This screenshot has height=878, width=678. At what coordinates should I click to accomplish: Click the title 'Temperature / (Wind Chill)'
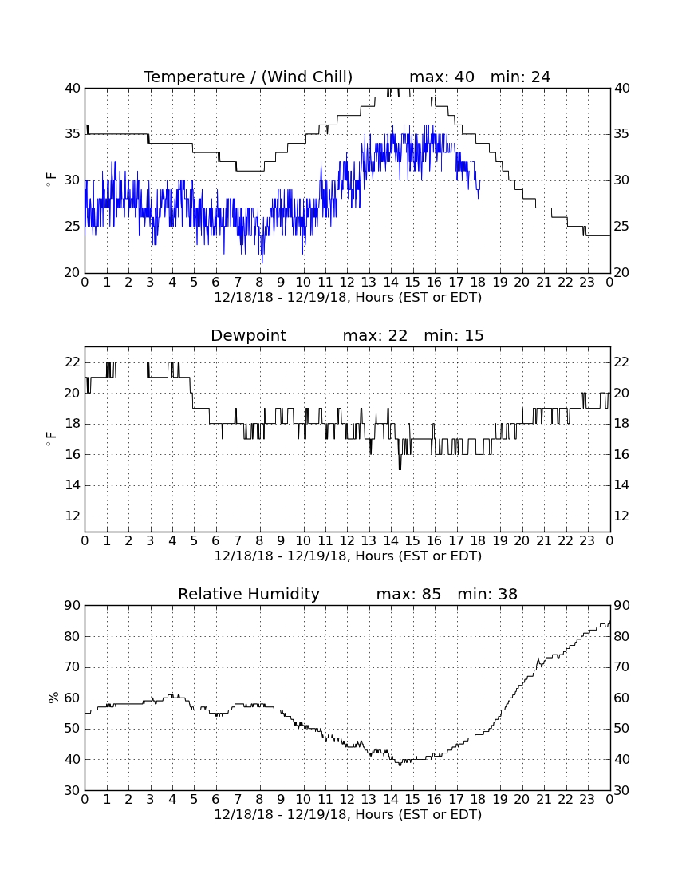pos(248,77)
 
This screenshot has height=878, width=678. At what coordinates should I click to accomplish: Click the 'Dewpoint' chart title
pos(248,335)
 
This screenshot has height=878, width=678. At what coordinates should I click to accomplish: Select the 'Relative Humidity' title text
pos(248,594)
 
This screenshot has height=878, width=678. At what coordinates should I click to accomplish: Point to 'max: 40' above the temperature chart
pos(442,77)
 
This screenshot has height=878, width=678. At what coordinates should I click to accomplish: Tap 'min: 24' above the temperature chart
pos(520,77)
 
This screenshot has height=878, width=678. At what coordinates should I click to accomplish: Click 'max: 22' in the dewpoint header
pos(375,335)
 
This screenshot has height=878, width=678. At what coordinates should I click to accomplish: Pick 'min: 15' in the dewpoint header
pos(454,335)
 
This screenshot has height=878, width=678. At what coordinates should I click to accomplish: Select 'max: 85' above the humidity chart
pos(408,594)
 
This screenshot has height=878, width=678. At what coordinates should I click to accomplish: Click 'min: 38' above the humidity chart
pos(487,594)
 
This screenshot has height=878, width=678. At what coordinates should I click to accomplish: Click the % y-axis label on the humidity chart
pos(53,697)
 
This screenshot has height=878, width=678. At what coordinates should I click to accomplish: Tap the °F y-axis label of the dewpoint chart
pos(51,439)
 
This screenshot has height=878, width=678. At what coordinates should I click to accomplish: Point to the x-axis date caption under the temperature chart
pos(348,298)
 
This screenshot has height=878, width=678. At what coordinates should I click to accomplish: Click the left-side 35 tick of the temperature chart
pos(73,134)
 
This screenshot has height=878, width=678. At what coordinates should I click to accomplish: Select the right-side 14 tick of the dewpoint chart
pos(621,485)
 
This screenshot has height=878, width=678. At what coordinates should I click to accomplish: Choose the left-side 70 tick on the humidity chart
pos(73,667)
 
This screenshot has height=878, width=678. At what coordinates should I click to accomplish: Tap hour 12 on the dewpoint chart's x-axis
pos(347,541)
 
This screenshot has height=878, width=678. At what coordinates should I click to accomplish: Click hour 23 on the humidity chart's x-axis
pos(587,800)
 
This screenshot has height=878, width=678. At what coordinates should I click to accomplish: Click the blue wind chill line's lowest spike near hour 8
pos(262,263)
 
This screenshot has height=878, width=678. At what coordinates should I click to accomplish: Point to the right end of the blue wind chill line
pos(480,180)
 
